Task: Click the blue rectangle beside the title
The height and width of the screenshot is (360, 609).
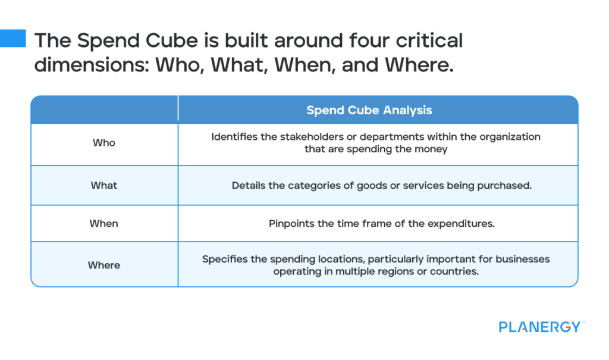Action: pos(12,38)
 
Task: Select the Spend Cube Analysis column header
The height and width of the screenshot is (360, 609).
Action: pos(369,110)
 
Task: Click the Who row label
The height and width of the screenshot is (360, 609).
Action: pos(104,143)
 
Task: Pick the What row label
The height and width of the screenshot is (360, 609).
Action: pos(104,185)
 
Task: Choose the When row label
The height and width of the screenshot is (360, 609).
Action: pos(104,223)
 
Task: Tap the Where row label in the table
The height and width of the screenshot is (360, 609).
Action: pos(104,265)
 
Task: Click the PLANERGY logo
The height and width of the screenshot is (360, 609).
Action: pos(540,327)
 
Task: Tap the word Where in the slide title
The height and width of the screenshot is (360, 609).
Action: pos(417,64)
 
